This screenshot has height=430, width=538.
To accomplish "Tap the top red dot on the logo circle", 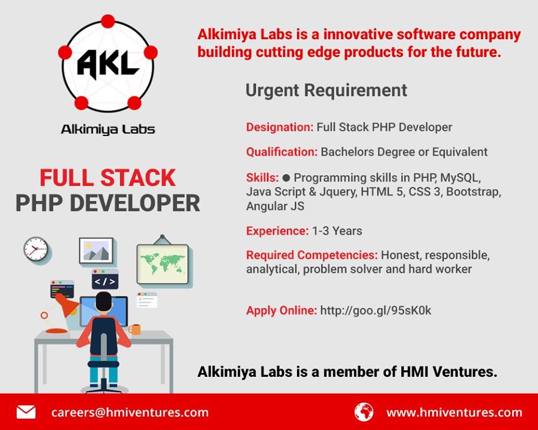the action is tap(108, 21).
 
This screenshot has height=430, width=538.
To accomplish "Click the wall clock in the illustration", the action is tap(36, 249).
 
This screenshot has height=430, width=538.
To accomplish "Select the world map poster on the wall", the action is tap(163, 264).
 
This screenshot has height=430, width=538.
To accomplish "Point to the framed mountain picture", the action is tap(96, 250).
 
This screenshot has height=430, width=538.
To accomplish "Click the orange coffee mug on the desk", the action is tap(134, 330).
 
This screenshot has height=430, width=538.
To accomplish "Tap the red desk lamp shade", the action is tap(67, 305).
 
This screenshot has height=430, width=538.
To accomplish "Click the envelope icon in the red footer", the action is tap(26, 412).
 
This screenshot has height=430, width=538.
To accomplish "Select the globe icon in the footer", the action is tap(364, 412).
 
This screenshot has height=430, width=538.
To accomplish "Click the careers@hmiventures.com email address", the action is tap(129, 412).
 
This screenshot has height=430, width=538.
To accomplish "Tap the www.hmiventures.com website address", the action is tap(454, 412).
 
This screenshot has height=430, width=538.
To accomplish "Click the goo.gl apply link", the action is tap(375, 310).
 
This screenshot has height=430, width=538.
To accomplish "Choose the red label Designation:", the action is tap(280, 127).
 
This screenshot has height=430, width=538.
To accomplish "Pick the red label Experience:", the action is tap(277, 231).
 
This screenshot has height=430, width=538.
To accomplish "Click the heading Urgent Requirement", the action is tap(326, 91).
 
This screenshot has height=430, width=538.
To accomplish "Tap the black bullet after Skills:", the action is tap(286, 178).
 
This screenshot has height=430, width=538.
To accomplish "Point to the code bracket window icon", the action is tap(105, 279).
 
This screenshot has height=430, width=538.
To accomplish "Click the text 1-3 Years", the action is tap(337, 231).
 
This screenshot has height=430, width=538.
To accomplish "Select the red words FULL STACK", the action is tap(108, 178).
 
